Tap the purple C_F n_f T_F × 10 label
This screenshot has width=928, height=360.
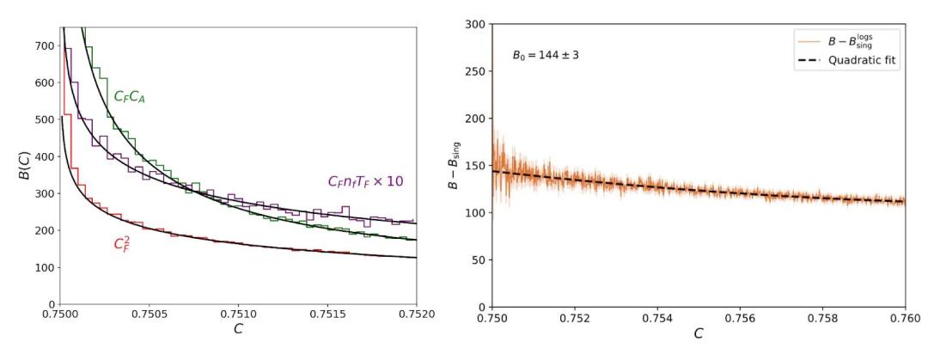tap(365, 182)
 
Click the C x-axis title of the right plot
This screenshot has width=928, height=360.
tap(698, 333)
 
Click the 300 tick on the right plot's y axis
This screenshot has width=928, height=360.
tap(473, 24)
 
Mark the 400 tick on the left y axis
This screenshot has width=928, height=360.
tap(44, 157)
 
